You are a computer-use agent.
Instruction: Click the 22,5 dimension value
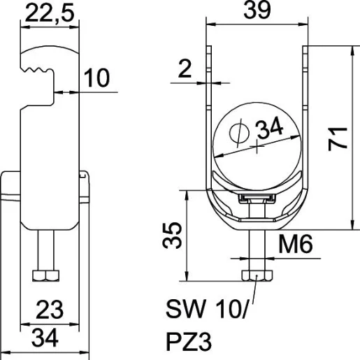[50, 13]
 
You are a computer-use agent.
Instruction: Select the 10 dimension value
[96, 78]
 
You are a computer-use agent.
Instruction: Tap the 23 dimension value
[50, 310]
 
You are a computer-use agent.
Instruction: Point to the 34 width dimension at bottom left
[45, 338]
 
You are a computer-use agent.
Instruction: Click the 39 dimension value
[257, 10]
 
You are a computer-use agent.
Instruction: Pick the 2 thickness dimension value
[185, 69]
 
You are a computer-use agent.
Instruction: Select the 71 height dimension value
[338, 139]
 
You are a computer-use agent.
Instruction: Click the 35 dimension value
[172, 236]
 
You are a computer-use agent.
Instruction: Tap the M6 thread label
[296, 244]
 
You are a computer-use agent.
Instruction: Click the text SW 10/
[207, 310]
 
